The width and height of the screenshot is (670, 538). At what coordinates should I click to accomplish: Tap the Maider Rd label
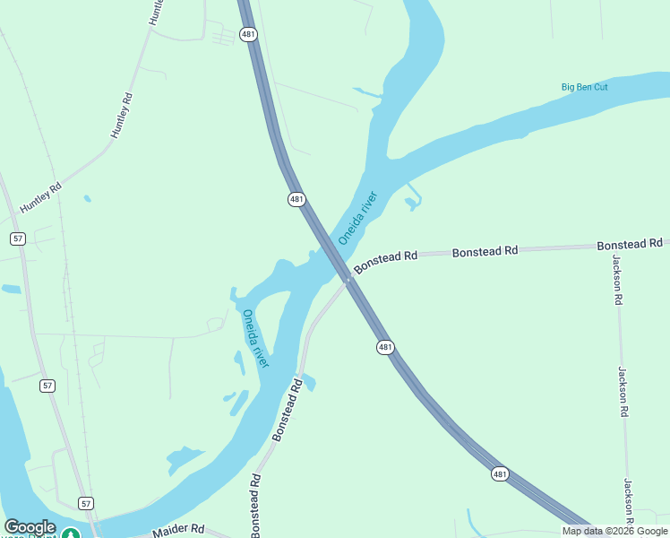[179, 529]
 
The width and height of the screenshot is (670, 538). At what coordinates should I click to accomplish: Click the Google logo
[30, 527]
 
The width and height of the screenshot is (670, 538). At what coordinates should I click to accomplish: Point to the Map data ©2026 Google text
[615, 531]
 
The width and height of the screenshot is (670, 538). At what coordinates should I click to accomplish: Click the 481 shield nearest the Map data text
[500, 473]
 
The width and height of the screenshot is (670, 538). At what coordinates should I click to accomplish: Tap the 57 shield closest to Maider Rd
[85, 503]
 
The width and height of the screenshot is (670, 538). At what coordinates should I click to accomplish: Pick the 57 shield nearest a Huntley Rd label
[18, 238]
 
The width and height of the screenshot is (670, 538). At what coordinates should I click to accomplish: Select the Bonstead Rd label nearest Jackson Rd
[630, 244]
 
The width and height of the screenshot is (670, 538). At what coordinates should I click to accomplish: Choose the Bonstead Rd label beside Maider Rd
[255, 493]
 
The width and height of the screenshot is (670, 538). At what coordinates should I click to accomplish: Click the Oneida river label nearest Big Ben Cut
[358, 218]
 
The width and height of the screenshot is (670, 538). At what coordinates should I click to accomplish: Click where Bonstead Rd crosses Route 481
[349, 280]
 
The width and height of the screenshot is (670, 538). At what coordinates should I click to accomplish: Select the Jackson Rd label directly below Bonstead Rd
[617, 280]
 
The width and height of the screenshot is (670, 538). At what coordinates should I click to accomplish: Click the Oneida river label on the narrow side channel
[255, 338]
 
